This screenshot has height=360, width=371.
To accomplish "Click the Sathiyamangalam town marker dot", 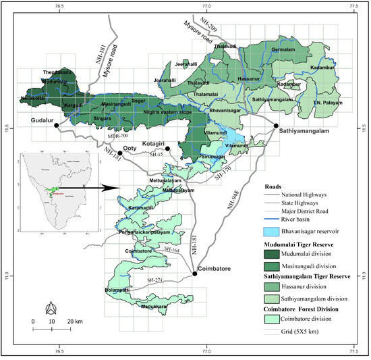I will [275, 126].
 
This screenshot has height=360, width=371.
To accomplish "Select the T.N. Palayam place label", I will [326, 102].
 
